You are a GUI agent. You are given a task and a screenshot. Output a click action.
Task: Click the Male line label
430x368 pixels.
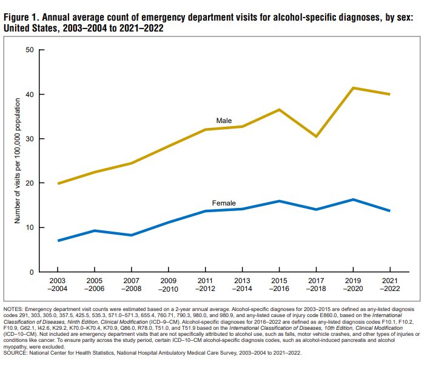pyautogui.click(x=224, y=121)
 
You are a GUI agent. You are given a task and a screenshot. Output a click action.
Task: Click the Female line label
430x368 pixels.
pyautogui.click(x=223, y=202)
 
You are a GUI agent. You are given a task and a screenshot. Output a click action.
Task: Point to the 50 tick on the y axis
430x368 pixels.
pyautogui.click(x=29, y=50)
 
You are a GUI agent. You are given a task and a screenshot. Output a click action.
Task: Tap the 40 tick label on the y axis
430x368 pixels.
pyautogui.click(x=29, y=95)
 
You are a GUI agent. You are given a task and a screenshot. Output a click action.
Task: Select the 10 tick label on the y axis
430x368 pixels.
pyautogui.click(x=29, y=227)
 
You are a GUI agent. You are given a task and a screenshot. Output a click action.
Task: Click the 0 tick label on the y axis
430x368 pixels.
pyautogui.click(x=31, y=272)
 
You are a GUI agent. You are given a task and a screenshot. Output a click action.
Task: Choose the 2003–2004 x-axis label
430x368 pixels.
pyautogui.click(x=58, y=286)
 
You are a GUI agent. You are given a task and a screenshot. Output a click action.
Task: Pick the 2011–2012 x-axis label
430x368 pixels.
pyautogui.click(x=205, y=286)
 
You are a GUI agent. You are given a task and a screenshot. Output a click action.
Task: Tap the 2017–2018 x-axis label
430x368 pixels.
pyautogui.click(x=316, y=286)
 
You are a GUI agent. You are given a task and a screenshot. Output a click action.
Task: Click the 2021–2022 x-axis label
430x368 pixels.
pyautogui.click(x=390, y=286)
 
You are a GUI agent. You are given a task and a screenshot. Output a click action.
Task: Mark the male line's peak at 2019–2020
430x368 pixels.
pyautogui.click(x=353, y=88)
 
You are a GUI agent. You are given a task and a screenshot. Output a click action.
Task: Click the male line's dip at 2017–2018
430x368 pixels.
pyautogui.click(x=316, y=136)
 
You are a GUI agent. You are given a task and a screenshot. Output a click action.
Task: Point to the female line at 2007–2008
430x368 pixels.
pyautogui.click(x=131, y=235)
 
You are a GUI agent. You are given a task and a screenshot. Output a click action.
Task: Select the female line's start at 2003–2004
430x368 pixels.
pyautogui.click(x=58, y=241)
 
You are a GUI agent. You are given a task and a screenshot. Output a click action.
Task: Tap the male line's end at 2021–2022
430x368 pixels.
pyautogui.click(x=389, y=94)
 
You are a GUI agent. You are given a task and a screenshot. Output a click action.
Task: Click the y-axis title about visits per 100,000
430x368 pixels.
pyautogui.click(x=18, y=161)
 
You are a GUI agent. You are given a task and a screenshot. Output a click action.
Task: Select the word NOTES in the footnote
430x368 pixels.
pyautogui.click(x=15, y=310)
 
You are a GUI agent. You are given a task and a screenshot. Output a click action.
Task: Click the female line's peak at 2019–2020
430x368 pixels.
pyautogui.click(x=353, y=199)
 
